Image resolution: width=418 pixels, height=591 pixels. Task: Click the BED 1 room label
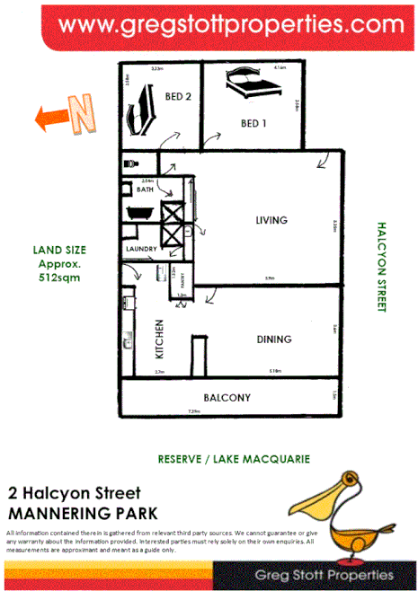[253, 123]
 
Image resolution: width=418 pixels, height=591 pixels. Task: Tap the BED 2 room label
[178, 96]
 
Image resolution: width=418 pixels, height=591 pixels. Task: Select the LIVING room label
[271, 220]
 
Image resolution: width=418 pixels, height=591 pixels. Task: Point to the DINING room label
[273, 340]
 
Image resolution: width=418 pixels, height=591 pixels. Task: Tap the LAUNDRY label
[142, 249]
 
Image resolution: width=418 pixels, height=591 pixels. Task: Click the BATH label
[144, 190]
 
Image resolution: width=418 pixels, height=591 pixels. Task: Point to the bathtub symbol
[141, 214]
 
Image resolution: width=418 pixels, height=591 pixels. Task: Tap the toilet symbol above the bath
[131, 165]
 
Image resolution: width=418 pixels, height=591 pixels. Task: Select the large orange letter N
[83, 117]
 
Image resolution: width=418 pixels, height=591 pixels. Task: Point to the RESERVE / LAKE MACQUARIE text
[234, 458]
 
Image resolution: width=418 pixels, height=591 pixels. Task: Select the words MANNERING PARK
[82, 513]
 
